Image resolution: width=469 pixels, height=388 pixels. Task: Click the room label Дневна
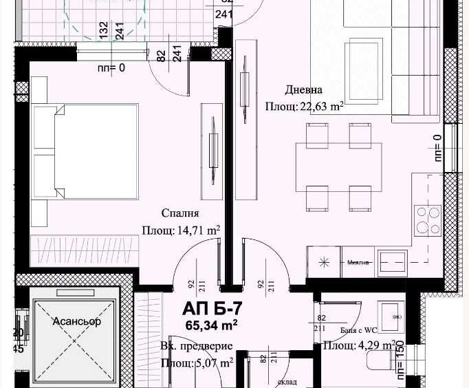point(304,90)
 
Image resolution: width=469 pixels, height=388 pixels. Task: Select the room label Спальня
point(180,213)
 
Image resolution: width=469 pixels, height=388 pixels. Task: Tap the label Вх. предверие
point(196,346)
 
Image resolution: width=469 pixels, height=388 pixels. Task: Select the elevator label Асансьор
point(77,321)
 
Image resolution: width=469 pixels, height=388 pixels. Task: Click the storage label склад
point(287,381)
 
